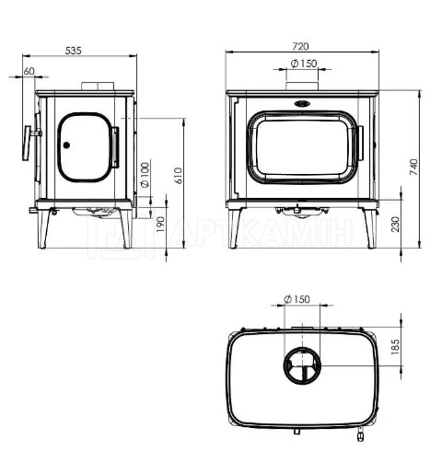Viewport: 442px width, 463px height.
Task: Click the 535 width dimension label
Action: tap(74, 51)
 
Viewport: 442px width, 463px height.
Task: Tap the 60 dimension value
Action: tap(29, 71)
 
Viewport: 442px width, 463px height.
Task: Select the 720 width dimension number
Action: tap(300, 46)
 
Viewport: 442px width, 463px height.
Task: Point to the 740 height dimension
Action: tap(414, 167)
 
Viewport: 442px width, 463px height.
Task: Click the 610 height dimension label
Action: tap(178, 176)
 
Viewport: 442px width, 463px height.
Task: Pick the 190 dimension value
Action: tap(160, 225)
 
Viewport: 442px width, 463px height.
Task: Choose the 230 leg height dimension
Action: tap(396, 225)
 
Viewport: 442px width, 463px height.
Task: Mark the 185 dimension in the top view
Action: tap(396, 347)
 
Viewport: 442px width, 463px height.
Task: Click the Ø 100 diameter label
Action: tap(145, 175)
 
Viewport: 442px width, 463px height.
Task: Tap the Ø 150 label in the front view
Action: tap(304, 64)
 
